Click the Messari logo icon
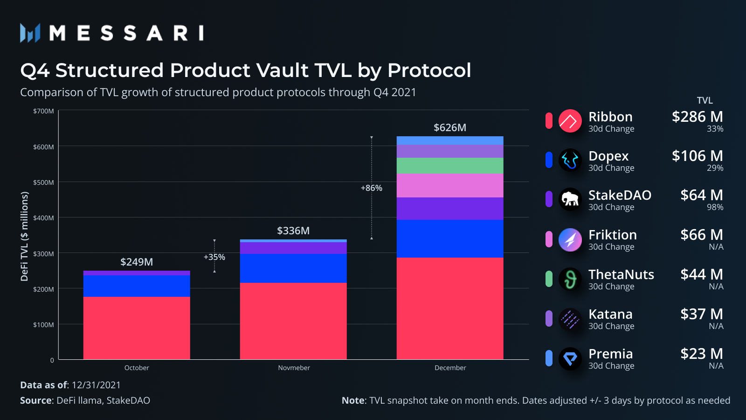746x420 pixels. (30, 33)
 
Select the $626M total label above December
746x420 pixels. (450, 128)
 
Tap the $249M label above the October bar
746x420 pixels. (137, 262)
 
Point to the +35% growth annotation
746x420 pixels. (214, 257)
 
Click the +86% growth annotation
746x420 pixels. (372, 188)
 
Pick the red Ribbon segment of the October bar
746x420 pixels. (137, 328)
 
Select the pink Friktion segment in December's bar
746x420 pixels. (450, 185)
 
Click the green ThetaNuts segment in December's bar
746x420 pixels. (450, 166)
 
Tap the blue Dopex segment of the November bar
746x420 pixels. (293, 268)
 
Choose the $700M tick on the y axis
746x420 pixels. (43, 111)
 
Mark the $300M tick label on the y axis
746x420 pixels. (43, 254)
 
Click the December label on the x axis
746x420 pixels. (450, 368)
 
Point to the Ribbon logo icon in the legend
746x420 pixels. (570, 121)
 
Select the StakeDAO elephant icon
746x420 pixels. (570, 199)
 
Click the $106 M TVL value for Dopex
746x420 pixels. (697, 156)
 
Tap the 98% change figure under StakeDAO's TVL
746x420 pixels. (715, 207)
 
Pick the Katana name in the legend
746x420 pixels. (610, 314)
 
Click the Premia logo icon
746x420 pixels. (570, 358)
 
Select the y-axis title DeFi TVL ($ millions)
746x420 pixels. (24, 237)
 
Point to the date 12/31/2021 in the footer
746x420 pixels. (96, 385)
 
